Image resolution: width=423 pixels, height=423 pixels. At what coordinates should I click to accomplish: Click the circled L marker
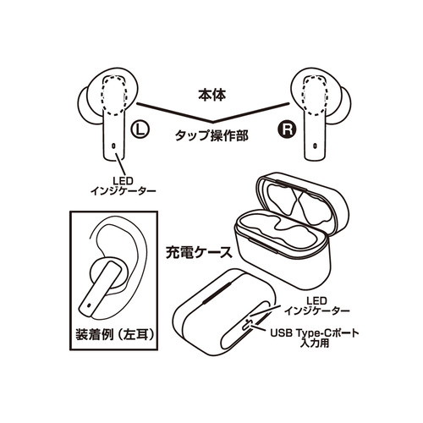coord(140,130)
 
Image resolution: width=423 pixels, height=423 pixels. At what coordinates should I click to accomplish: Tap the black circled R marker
coord(288,130)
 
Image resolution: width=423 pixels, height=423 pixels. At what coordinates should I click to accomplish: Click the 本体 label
coord(212,95)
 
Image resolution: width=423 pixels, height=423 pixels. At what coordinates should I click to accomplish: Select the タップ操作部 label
coord(211,135)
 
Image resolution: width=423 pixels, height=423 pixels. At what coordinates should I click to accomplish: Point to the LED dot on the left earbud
coord(114,146)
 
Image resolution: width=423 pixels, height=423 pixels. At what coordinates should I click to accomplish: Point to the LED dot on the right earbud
coord(315,146)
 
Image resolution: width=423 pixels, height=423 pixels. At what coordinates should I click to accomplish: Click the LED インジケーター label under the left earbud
coord(123,186)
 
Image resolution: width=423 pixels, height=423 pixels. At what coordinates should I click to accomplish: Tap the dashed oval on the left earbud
coord(114,96)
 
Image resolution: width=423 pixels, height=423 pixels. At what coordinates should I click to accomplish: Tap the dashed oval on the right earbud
coord(315,96)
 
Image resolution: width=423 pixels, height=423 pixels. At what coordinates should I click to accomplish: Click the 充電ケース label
coord(199,252)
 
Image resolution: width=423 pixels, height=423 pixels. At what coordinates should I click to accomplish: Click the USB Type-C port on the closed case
coord(248,325)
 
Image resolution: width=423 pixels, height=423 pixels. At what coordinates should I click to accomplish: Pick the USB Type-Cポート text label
coord(315,333)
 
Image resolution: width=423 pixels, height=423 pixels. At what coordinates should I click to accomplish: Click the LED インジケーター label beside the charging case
coord(316,305)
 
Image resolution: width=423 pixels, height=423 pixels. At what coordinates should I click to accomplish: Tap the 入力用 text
coord(315,343)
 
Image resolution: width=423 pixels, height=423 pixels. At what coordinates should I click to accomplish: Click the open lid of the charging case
coord(302,201)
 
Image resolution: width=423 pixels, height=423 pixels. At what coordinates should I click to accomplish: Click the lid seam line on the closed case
coord(217,293)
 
